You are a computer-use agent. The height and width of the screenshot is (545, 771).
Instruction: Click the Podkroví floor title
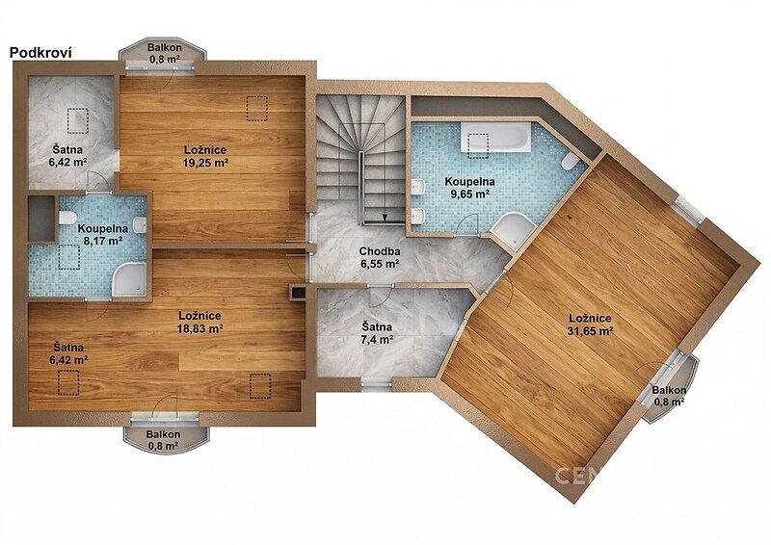[x=40, y=53]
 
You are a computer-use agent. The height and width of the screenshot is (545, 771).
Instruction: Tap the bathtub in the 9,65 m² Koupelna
[x=495, y=136]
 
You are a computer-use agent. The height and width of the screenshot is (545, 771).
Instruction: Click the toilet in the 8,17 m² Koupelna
[x=66, y=218]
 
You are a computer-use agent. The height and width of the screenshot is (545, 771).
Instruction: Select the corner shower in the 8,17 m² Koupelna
[x=130, y=279]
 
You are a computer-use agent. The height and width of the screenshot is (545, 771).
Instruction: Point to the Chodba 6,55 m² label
[x=379, y=257]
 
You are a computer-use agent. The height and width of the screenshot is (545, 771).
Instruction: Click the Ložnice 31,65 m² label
[x=591, y=324]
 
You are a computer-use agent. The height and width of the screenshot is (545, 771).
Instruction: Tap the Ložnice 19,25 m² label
[x=205, y=156]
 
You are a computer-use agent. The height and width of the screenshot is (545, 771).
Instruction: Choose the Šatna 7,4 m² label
[x=377, y=333]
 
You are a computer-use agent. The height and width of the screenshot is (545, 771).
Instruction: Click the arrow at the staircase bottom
[x=385, y=217]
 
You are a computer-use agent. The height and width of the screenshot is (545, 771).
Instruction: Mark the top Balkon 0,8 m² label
[x=165, y=54]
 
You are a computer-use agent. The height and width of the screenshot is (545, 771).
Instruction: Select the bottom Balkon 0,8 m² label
[x=163, y=440]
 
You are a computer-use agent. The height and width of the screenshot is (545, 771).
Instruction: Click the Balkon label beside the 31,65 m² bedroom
[x=669, y=396]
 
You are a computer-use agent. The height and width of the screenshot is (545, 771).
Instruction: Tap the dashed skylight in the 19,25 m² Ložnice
[x=256, y=109]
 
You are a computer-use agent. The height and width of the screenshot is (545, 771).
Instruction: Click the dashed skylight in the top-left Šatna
[x=78, y=121]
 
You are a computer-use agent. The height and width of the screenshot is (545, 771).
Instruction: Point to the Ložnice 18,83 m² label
[x=199, y=322]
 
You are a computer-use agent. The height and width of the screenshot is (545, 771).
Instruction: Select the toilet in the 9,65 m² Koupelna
[x=571, y=162]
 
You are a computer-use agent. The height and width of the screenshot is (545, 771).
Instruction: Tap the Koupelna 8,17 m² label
[x=103, y=234]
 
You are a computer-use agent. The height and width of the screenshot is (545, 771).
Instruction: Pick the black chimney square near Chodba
[x=298, y=292]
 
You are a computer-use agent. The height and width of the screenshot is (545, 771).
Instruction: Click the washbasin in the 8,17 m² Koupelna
[x=141, y=224]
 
